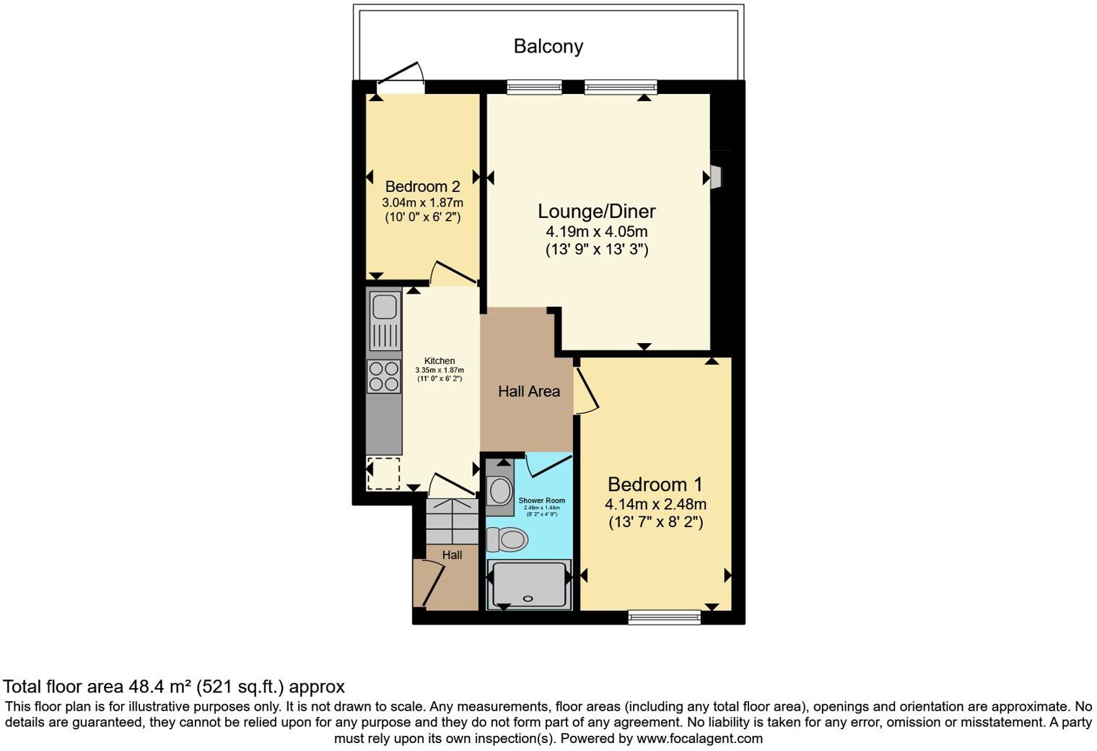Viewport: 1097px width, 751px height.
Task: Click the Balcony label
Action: click(x=548, y=46)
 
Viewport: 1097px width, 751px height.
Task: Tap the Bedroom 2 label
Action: click(x=422, y=186)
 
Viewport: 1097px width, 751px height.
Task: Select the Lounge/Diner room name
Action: click(x=596, y=212)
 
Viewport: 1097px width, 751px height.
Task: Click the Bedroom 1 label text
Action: click(x=655, y=484)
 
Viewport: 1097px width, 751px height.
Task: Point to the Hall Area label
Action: click(x=528, y=391)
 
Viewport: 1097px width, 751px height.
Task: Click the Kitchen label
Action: click(x=440, y=361)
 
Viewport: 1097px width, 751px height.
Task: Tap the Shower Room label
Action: click(x=541, y=500)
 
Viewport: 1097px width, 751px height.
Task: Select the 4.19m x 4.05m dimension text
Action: click(x=596, y=232)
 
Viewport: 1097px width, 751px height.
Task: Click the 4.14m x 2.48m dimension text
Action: click(x=655, y=504)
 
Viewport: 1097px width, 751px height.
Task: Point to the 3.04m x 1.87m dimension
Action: click(x=422, y=202)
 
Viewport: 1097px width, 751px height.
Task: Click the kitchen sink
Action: click(x=384, y=306)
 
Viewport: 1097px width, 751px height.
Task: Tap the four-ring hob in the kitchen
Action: click(x=384, y=376)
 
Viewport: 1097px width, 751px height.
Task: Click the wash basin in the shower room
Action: click(x=500, y=490)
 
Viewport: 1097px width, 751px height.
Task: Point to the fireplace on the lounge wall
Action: click(x=714, y=177)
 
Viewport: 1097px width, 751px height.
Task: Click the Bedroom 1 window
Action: click(x=664, y=617)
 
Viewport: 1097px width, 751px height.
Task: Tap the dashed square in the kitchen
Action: click(x=383, y=474)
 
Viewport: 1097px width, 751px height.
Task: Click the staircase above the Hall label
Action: click(x=453, y=521)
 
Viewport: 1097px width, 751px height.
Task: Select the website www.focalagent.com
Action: click(x=699, y=739)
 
